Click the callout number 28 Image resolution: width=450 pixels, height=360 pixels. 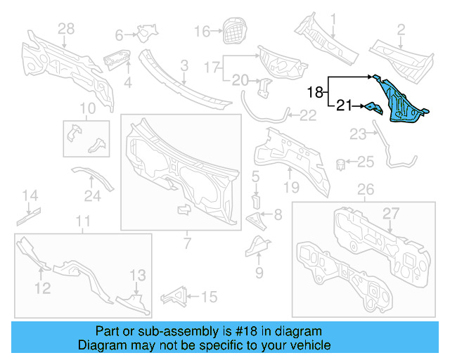coord(65,27)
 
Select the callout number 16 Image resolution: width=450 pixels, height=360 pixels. coord(202,31)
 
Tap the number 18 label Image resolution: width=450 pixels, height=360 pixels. coord(316,91)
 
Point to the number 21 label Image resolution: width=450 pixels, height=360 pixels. coord(344,106)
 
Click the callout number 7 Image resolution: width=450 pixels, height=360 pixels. coord(187,243)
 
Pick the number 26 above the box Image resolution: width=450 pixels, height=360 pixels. coord(366,189)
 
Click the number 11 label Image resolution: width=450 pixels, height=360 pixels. coord(83,222)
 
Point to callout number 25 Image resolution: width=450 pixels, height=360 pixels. coord(366,162)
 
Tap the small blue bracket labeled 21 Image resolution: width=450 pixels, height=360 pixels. coord(371,108)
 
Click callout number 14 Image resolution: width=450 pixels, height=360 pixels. coord(29,195)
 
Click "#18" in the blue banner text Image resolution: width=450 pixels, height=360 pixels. coord(236,331)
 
